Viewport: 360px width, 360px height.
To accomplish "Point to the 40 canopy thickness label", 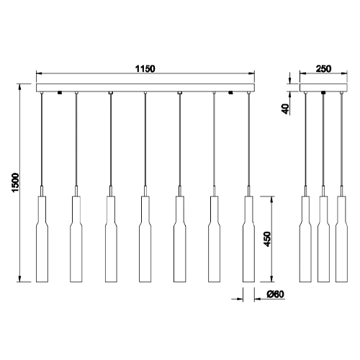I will coord(286,109).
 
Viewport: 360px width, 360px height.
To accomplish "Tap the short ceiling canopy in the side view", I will coord(323,89).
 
